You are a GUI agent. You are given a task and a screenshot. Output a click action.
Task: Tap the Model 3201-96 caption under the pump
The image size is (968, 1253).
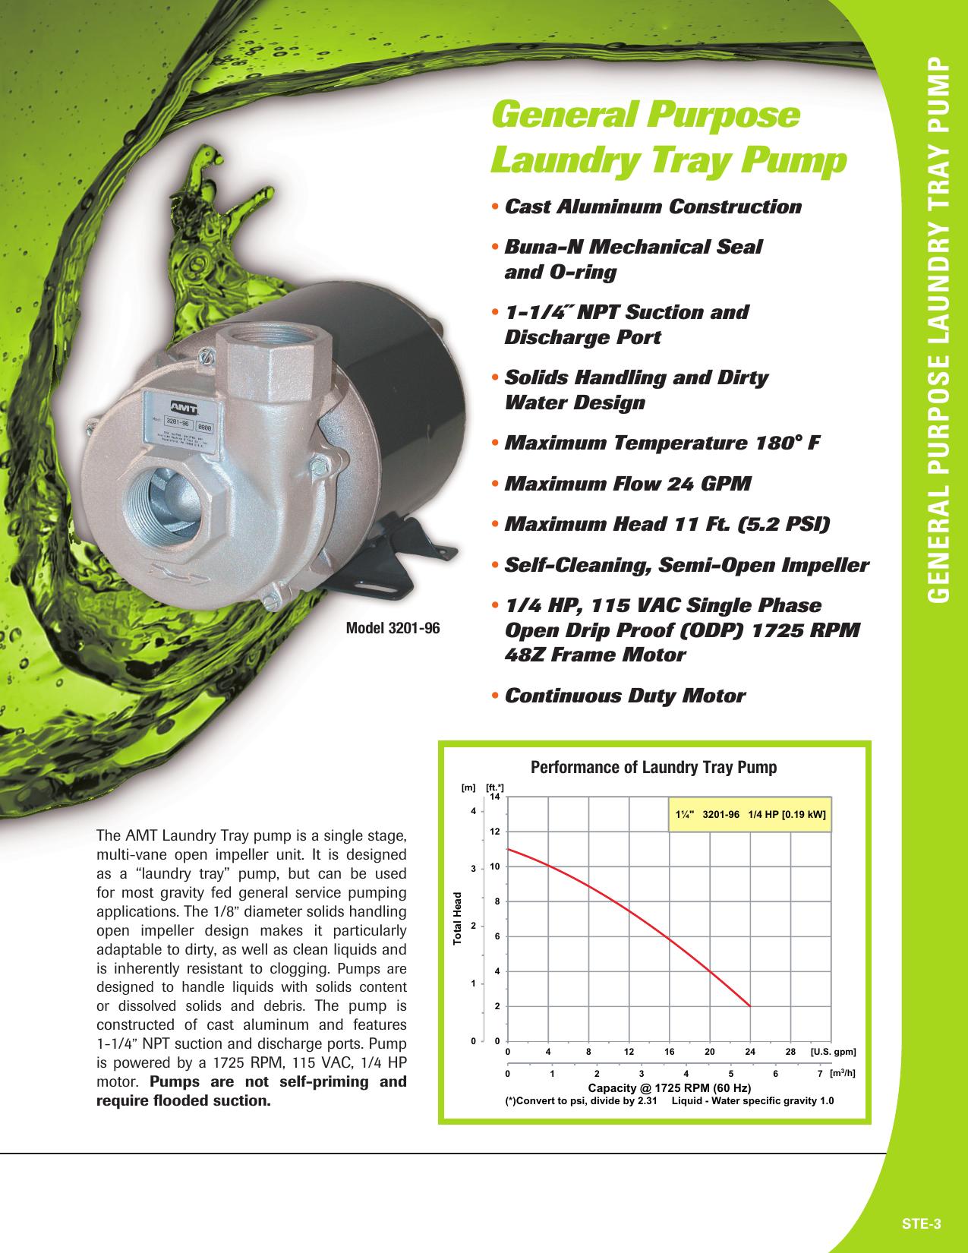[393, 628]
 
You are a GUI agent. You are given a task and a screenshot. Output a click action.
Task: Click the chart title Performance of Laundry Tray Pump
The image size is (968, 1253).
[653, 767]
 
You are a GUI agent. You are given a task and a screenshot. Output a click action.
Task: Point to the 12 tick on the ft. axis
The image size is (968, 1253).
[494, 832]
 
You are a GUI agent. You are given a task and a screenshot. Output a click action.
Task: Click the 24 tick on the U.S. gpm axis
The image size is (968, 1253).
[750, 1052]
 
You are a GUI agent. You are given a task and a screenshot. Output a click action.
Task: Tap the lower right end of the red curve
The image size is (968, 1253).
[749, 1005]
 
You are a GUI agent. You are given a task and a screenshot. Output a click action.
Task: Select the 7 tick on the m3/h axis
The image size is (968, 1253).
[820, 1075]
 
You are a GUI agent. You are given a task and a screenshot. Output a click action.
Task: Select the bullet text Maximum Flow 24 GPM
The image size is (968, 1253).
[628, 484]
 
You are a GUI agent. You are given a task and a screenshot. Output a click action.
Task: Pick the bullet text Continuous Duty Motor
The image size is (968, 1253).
[625, 696]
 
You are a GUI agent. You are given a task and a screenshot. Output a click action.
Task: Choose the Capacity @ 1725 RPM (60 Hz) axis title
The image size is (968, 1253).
[670, 1087]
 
